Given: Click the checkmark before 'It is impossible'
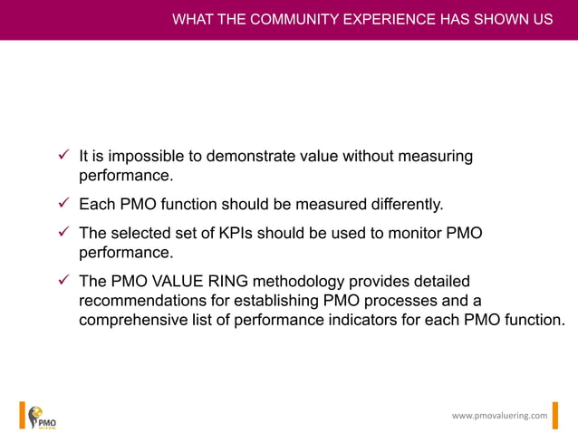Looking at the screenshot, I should point(64,156).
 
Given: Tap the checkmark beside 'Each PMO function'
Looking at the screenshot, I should point(64,205).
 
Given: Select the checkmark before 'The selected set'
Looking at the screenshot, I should point(64,234).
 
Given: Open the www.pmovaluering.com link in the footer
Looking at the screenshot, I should point(499,415).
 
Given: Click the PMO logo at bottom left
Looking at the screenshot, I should point(41,416).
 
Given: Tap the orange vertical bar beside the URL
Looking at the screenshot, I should point(556,415).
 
